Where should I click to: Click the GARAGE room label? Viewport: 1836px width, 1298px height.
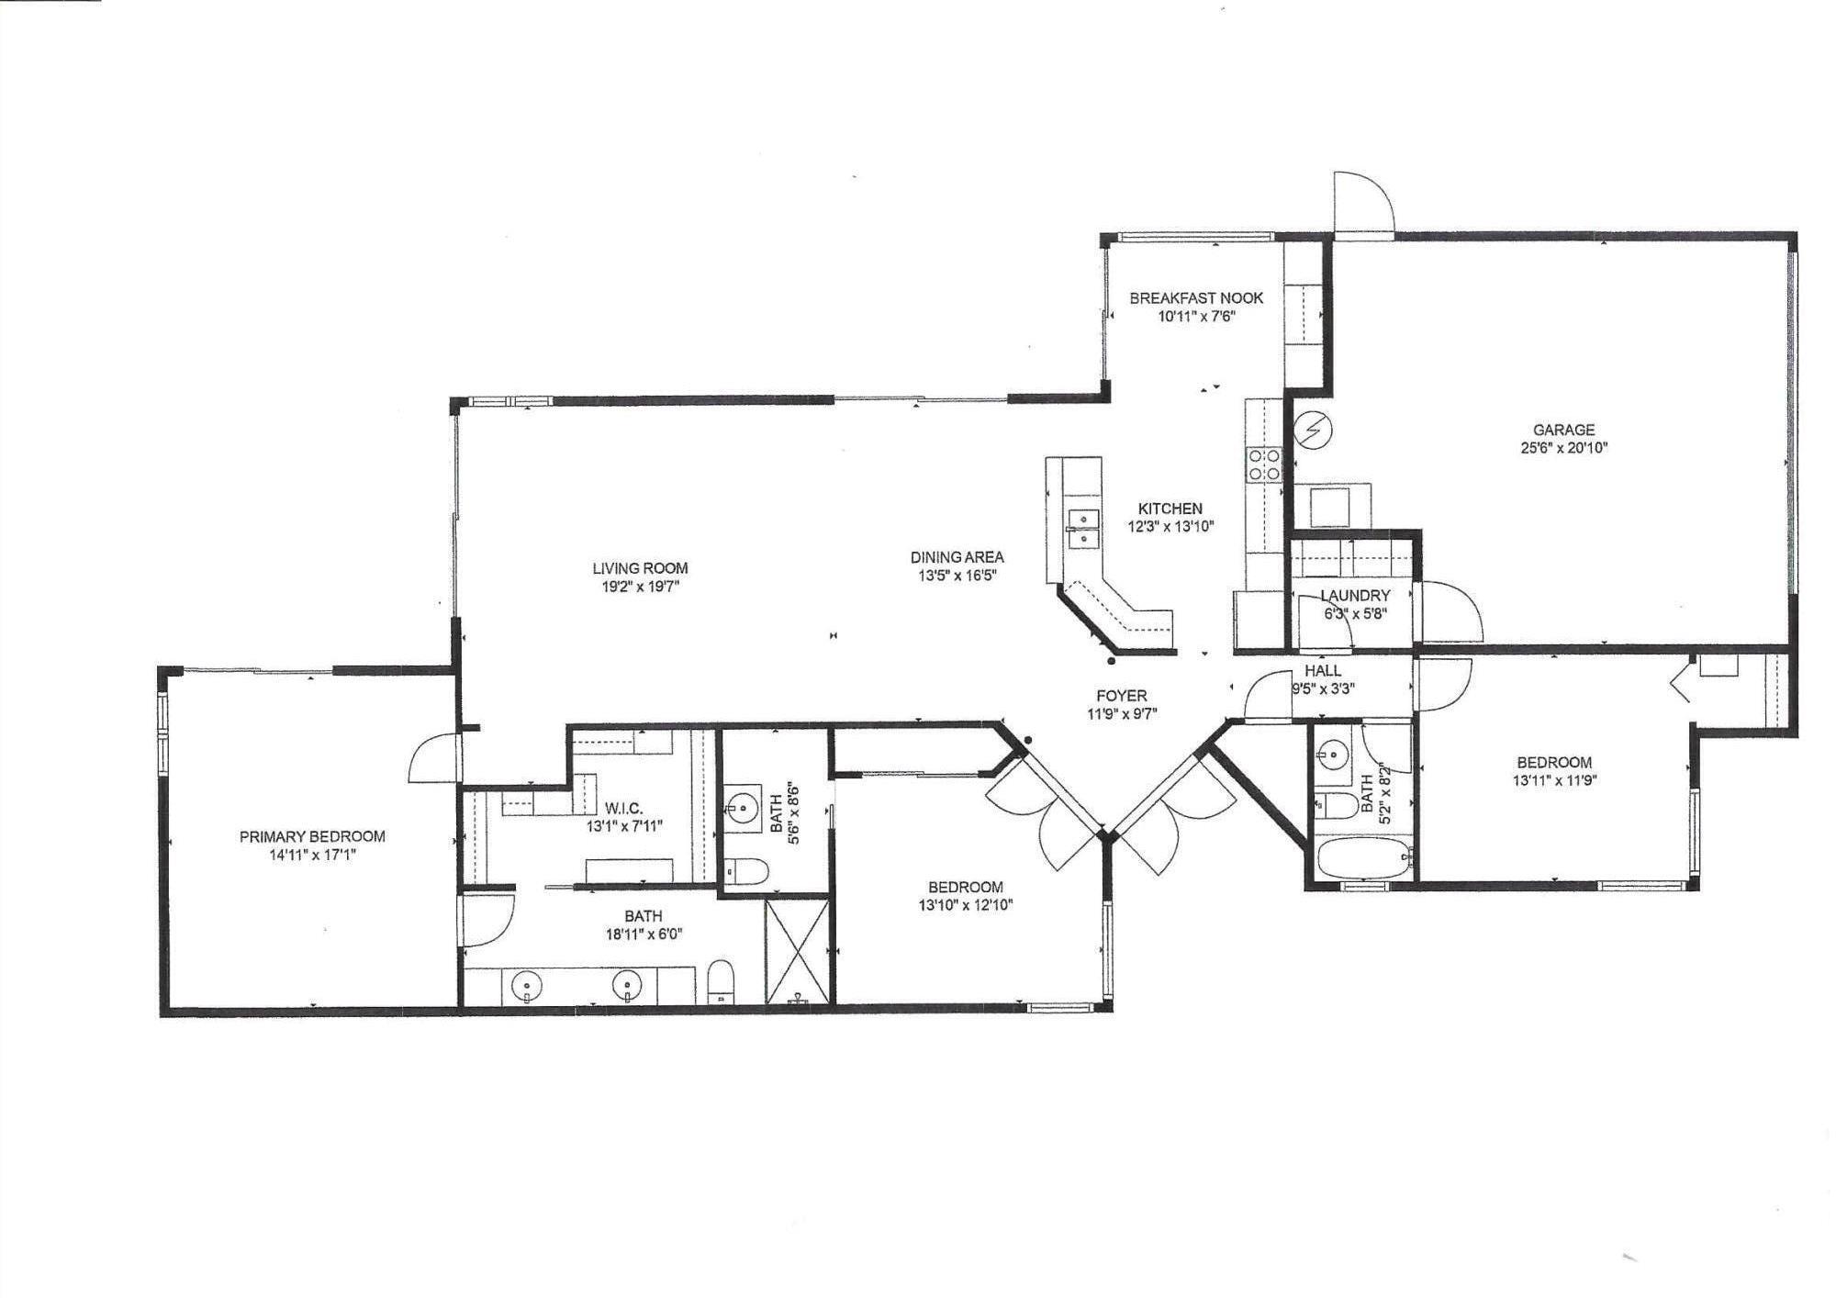[x=1563, y=430]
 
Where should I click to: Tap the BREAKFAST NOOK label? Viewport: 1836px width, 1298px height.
[x=1196, y=298]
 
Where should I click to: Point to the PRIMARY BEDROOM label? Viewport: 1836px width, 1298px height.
[x=312, y=836]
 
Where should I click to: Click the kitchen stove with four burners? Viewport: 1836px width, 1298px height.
[x=1263, y=464]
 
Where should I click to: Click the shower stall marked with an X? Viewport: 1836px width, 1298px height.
[x=799, y=951]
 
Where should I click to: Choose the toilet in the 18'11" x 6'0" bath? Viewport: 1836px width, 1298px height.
[x=722, y=981]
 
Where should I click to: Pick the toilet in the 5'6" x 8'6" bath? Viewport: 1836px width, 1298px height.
[x=744, y=871]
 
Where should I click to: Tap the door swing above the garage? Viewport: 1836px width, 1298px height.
[x=1364, y=202]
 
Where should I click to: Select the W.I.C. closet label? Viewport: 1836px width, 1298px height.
[x=623, y=809]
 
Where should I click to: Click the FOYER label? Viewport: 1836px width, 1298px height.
[x=1121, y=696]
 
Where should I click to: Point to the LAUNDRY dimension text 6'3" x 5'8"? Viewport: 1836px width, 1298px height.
[x=1354, y=614]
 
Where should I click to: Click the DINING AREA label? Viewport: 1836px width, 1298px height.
[x=957, y=557]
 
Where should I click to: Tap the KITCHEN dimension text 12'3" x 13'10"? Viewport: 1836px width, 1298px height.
[x=1170, y=527]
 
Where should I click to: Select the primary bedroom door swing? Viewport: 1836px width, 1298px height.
[x=431, y=759]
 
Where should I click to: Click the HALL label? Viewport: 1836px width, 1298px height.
[x=1322, y=671]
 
